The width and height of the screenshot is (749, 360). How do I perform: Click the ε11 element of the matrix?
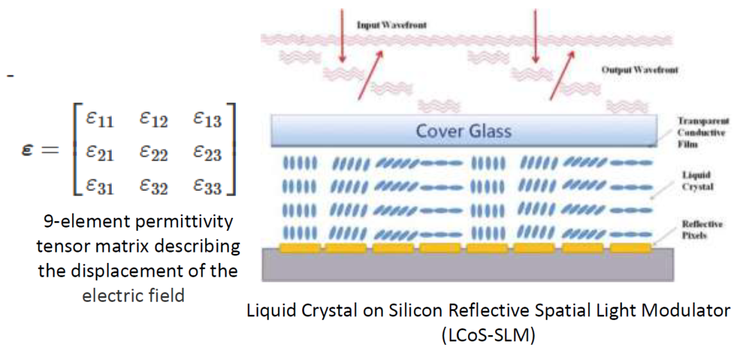tap(99, 118)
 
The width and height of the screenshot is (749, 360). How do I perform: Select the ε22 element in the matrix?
tap(154, 153)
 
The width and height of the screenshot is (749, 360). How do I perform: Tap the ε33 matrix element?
tap(207, 186)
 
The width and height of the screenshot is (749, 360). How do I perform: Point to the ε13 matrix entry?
tap(207, 118)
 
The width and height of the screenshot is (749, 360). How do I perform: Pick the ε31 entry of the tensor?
tap(99, 186)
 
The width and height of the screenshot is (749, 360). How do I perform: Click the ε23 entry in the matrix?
tap(207, 153)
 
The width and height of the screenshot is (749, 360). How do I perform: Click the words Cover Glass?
tap(463, 130)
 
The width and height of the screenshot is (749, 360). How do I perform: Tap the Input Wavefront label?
tap(392, 25)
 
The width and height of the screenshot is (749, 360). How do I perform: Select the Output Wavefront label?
tap(639, 69)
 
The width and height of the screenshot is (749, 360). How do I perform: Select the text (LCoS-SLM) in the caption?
tap(488, 336)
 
